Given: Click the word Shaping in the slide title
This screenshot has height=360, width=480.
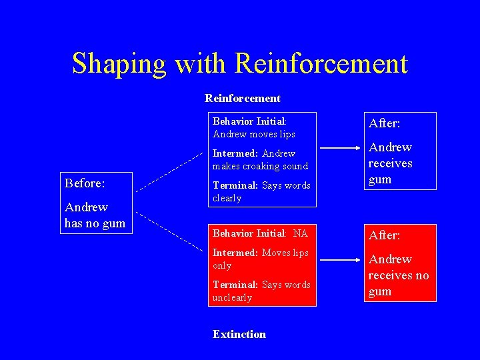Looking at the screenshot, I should [119, 63].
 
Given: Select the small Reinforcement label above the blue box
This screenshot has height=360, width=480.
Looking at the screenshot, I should [243, 98].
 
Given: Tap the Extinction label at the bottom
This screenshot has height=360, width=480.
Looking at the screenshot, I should [239, 334].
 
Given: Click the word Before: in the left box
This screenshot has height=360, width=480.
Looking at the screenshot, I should [85, 182].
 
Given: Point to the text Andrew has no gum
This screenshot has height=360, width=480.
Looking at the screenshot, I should [95, 215].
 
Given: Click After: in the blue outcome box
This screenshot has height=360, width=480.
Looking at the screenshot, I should [385, 123].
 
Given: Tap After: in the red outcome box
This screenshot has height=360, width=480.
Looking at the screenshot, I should [385, 235].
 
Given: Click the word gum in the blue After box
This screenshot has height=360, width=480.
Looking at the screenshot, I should [379, 179].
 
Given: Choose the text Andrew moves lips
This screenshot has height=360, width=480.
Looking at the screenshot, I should [253, 134].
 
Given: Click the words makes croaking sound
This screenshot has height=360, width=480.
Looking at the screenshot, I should [260, 166].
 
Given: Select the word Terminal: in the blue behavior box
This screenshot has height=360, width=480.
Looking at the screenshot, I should [236, 185].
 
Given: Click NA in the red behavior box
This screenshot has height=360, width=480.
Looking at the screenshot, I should [301, 233].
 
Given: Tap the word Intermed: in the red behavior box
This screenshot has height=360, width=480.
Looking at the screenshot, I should [235, 253].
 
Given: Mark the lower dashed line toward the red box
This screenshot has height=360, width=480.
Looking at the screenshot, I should [171, 230].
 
